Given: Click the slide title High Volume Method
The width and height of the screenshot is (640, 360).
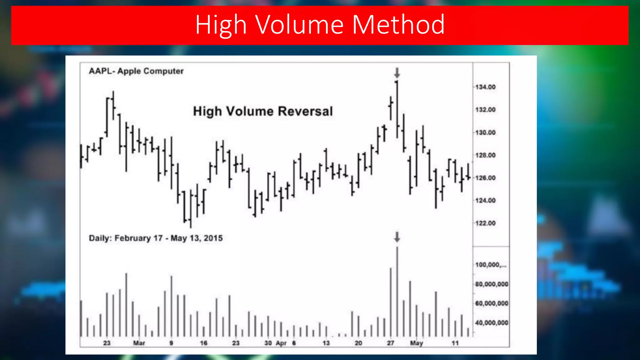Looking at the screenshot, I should [320, 25].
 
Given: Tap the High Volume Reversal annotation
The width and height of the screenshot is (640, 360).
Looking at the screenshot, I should [263, 111].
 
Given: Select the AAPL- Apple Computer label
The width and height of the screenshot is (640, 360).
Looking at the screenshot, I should [136, 71].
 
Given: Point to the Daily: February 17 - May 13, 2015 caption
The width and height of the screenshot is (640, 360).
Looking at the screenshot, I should [156, 238].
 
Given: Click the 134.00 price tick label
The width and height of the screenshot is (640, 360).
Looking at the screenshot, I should [485, 87].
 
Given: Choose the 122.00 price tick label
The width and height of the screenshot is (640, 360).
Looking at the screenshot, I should [485, 223].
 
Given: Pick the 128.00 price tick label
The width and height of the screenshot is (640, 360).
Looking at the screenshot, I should [485, 155].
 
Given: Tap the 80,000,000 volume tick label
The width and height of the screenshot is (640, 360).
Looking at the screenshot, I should [492, 284].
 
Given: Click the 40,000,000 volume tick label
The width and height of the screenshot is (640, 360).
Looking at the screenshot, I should [492, 322].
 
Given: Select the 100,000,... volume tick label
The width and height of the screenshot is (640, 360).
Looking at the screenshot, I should [491, 265].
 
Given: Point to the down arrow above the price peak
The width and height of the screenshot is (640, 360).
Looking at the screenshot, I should [397, 73].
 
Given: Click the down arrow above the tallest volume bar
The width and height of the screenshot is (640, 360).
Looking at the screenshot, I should [397, 237].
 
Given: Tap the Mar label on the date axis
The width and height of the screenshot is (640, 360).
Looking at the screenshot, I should [139, 343].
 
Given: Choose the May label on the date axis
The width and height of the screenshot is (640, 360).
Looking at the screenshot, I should [416, 343].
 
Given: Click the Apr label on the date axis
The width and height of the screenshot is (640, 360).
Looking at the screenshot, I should [281, 343].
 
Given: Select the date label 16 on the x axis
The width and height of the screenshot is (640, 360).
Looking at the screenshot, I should [204, 343].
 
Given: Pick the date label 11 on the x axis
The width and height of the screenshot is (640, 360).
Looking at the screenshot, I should [455, 343].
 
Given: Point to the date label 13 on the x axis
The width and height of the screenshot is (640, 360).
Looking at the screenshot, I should [326, 343].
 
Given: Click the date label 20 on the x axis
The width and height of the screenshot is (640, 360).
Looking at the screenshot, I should [358, 343].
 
